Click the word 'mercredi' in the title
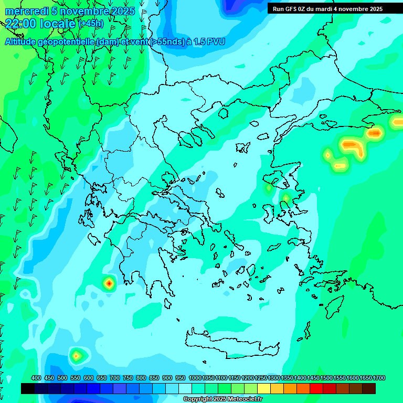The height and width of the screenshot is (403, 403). pyautogui.click(x=25, y=12)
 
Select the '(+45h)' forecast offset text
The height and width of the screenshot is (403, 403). pyautogui.click(x=91, y=24)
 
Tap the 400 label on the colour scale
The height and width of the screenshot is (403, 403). pyautogui.click(x=36, y=378)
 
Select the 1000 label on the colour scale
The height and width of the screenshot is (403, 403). pyautogui.click(x=195, y=378)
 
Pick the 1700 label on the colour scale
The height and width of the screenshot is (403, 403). pyautogui.click(x=379, y=378)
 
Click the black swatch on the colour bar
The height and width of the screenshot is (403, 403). pyautogui.click(x=28, y=388)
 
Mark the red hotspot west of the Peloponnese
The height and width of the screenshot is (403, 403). pyautogui.click(x=109, y=283)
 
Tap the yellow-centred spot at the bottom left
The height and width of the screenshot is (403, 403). pyautogui.click(x=77, y=356)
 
